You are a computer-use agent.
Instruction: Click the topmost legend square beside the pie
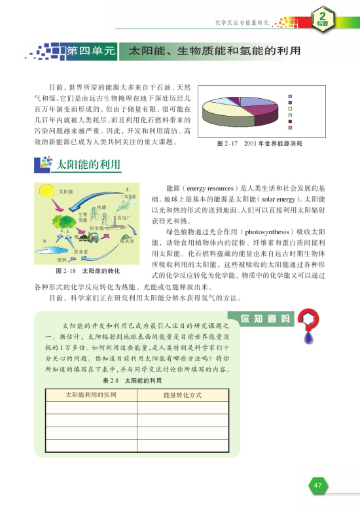289,94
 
